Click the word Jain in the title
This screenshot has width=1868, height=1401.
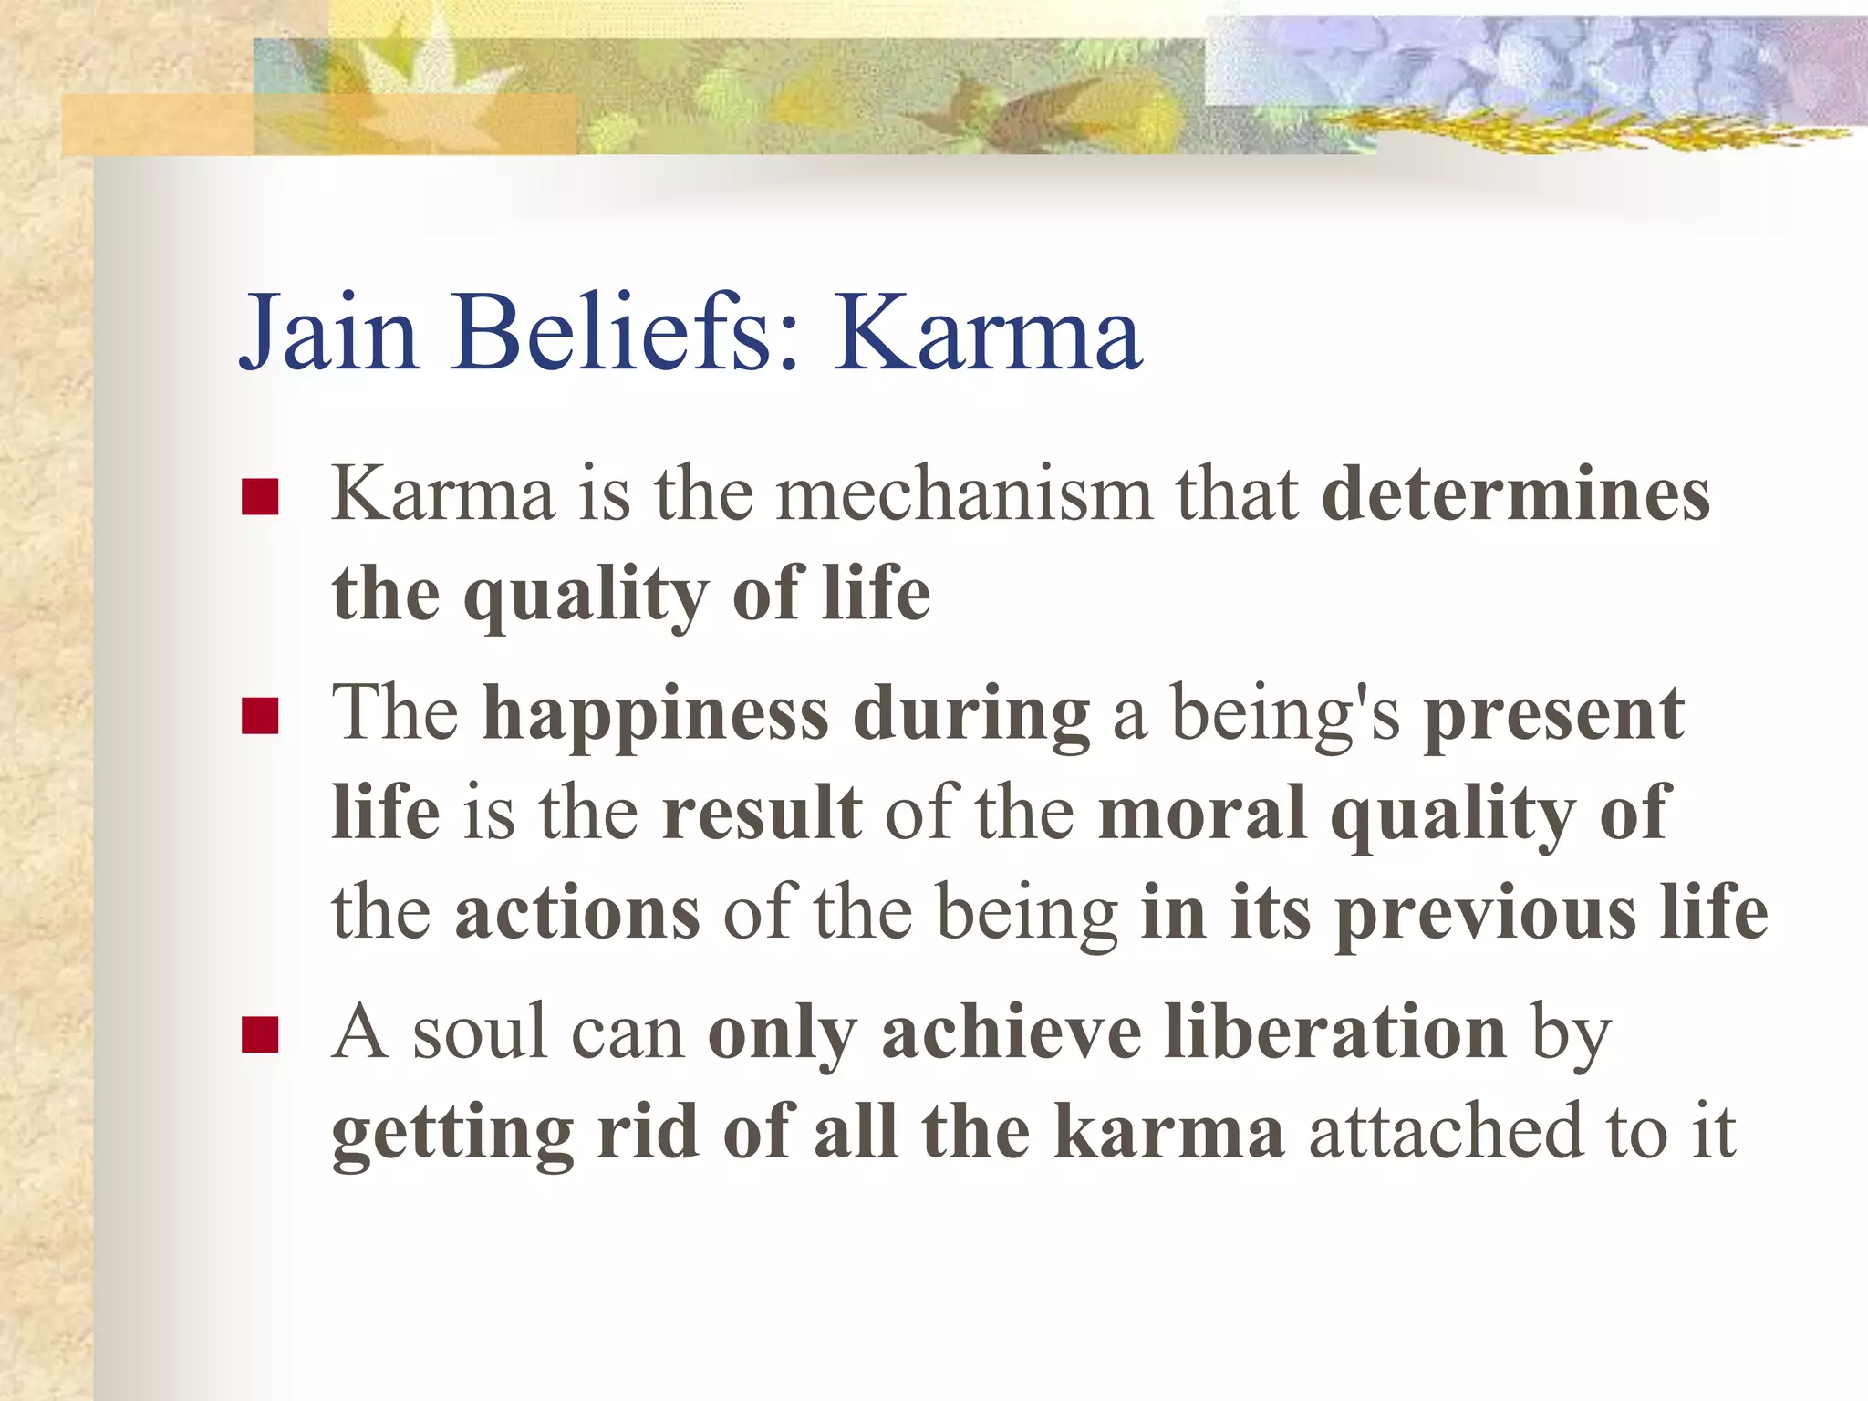click(x=328, y=333)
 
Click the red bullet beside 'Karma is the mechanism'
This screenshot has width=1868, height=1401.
click(x=260, y=498)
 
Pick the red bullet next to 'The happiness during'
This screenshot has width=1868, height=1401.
click(x=260, y=716)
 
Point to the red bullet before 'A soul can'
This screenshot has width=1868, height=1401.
click(x=260, y=1035)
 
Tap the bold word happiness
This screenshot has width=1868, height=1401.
click(x=656, y=714)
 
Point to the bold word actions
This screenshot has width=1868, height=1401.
click(x=577, y=912)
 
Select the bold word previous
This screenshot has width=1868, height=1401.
click(x=1486, y=912)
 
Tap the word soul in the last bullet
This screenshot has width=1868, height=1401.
click(x=479, y=1033)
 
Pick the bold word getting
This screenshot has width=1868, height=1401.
click(x=452, y=1133)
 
